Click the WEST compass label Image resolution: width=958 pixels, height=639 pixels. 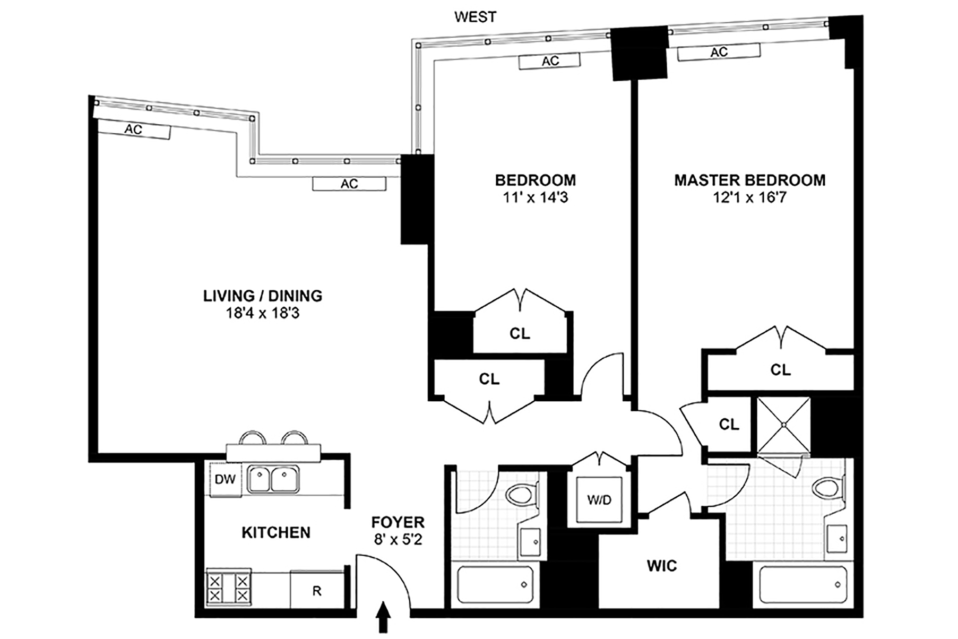475,17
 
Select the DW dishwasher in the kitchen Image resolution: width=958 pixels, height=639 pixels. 225,479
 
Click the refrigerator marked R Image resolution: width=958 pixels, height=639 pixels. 317,590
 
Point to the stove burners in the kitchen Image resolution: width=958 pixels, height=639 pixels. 228,588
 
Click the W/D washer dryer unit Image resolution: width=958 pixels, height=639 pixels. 599,499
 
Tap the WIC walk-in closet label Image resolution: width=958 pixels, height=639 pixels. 662,566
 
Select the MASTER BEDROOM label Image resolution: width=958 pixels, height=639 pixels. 750,180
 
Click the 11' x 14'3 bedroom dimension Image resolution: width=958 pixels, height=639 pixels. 535,198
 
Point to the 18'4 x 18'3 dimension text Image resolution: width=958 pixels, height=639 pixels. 263,313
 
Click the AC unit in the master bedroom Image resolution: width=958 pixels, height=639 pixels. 719,52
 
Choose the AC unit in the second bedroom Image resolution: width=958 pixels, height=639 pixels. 550,61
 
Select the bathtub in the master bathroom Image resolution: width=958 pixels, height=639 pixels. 802,585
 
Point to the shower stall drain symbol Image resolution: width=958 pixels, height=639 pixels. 783,425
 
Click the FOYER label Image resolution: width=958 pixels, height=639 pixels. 398,522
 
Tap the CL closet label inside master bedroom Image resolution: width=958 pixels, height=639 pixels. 780,369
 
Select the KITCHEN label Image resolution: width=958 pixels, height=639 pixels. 276,532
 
